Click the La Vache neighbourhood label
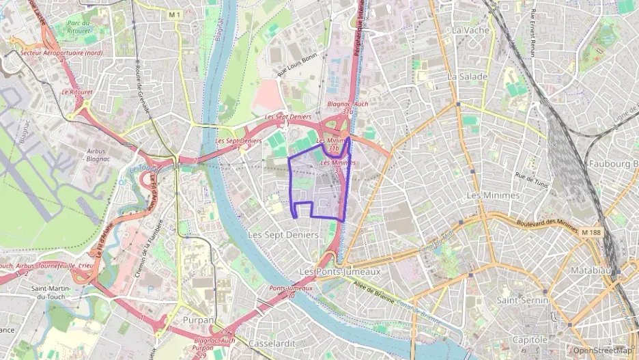(468, 30)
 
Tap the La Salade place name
(468, 77)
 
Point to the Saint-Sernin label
(522, 300)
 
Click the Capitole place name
(530, 339)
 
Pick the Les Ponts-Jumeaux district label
(340, 271)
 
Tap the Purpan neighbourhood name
(198, 320)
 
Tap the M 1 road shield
(174, 14)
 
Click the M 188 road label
(593, 233)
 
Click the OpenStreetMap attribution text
(602, 350)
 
